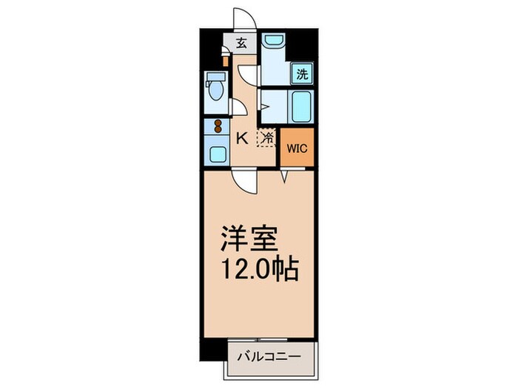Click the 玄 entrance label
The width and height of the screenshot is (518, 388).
click(x=242, y=43)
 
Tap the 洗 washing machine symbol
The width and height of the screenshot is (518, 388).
click(x=303, y=73)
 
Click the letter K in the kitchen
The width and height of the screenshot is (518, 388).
click(x=241, y=137)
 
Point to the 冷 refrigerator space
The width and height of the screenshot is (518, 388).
click(x=266, y=137)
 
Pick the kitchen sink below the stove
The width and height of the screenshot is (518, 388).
click(x=218, y=154)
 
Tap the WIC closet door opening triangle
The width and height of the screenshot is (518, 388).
click(x=284, y=176)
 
